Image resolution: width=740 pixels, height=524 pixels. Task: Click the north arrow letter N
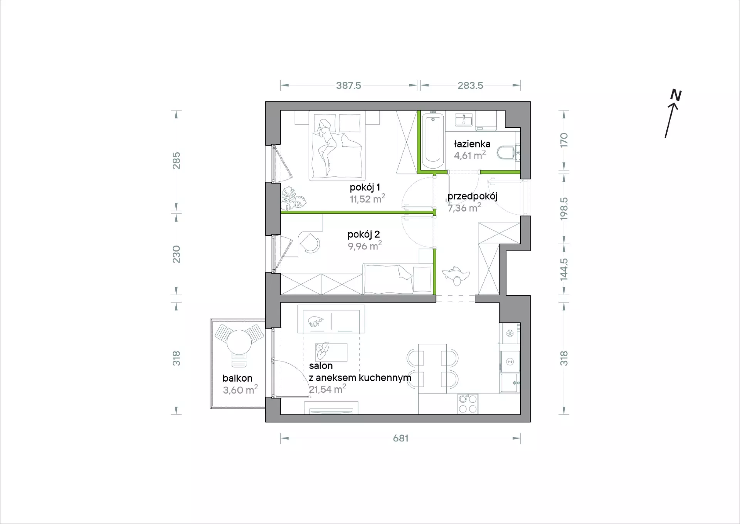click(676, 95)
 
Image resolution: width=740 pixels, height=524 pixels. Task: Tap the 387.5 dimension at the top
click(348, 85)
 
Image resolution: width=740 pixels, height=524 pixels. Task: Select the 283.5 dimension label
click(470, 85)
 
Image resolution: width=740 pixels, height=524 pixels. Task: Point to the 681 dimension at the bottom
click(401, 438)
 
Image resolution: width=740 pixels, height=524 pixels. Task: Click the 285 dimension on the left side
click(176, 161)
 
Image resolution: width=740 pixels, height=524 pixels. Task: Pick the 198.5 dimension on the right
click(564, 209)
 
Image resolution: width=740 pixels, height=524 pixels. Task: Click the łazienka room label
click(472, 144)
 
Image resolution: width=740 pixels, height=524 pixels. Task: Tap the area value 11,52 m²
click(367, 199)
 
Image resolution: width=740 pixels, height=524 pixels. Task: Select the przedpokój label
click(473, 196)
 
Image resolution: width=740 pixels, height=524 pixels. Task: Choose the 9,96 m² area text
click(365, 246)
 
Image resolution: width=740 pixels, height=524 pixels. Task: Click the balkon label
click(237, 378)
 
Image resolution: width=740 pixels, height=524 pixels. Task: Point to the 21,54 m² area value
click(328, 389)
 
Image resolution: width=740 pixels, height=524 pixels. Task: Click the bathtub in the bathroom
click(433, 141)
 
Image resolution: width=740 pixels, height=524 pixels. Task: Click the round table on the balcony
click(239, 342)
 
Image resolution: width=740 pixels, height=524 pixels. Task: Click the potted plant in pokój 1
click(293, 198)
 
